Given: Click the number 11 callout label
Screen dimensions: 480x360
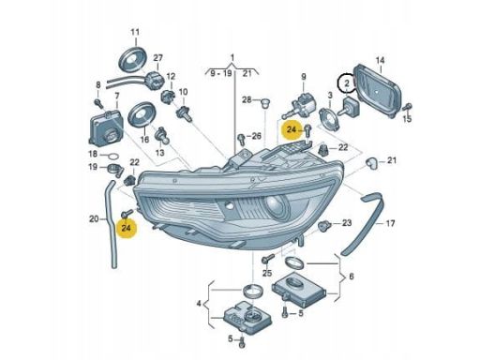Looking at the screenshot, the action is [x=135, y=32].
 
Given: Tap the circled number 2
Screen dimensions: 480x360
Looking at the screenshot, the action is [x=347, y=83].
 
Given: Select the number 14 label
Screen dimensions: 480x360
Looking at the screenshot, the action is [x=380, y=60].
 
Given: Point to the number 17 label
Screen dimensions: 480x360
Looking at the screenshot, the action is [x=390, y=223].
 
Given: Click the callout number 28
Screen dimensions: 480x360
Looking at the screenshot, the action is [x=247, y=99].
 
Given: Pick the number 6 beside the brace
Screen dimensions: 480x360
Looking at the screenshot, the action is [x=352, y=277].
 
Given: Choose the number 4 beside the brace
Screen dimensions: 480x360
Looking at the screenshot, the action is [x=199, y=303].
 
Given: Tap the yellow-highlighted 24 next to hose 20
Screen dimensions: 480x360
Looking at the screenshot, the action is [x=127, y=228].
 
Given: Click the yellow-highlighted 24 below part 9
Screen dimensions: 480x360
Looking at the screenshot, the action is [x=292, y=129].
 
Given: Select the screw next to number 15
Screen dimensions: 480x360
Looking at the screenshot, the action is [x=407, y=107].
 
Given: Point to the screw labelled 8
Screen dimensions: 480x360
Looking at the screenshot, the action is [x=99, y=103].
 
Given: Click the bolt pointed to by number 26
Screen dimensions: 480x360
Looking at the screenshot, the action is [x=242, y=140].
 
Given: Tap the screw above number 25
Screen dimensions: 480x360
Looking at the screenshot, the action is [x=268, y=259].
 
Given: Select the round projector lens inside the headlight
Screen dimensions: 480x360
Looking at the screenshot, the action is [x=276, y=206].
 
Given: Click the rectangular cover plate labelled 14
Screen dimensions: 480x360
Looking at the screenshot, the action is [x=378, y=91].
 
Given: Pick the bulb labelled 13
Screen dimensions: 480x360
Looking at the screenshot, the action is [x=162, y=135].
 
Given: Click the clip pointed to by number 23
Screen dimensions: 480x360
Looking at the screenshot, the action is [x=323, y=225].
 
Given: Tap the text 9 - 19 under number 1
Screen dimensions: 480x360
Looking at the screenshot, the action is [x=221, y=74].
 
